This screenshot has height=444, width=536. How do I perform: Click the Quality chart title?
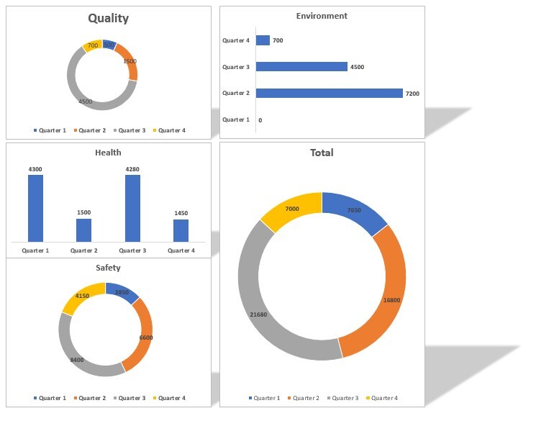tap(109, 19)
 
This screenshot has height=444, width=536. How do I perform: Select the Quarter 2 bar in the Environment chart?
tap(329, 93)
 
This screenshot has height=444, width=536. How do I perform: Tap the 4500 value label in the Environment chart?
tap(357, 67)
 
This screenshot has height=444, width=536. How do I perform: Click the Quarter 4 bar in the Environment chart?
tap(263, 40)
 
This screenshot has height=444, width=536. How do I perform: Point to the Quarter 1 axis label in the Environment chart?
tap(236, 119)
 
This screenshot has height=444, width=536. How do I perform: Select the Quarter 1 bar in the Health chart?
tap(35, 208)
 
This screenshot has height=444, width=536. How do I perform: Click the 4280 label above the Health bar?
tap(132, 169)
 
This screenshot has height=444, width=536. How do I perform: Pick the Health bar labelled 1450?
tap(181, 230)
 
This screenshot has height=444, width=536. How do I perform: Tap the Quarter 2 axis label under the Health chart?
tap(84, 250)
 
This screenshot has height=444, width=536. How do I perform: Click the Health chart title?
tap(108, 153)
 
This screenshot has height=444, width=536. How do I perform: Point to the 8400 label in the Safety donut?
tap(76, 359)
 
